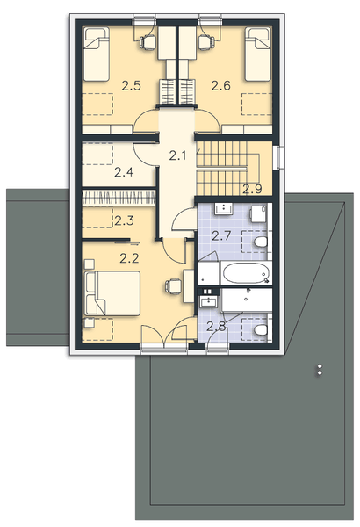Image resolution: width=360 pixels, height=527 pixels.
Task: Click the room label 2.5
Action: coord(132,86)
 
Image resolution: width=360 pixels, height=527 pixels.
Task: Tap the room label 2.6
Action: coord(221,86)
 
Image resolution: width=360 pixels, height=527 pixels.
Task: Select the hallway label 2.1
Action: coord(179,156)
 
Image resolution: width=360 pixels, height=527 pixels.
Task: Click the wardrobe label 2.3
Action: coord(125,221)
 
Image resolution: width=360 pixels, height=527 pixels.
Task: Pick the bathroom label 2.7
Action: coord(221,235)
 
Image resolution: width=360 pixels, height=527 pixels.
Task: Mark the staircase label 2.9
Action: coord(253,187)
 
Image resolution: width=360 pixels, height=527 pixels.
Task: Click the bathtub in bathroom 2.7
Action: coord(244,273)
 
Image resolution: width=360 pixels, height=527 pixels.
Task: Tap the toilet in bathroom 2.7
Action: coord(260,241)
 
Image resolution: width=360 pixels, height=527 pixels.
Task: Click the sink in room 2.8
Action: coord(209,301)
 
